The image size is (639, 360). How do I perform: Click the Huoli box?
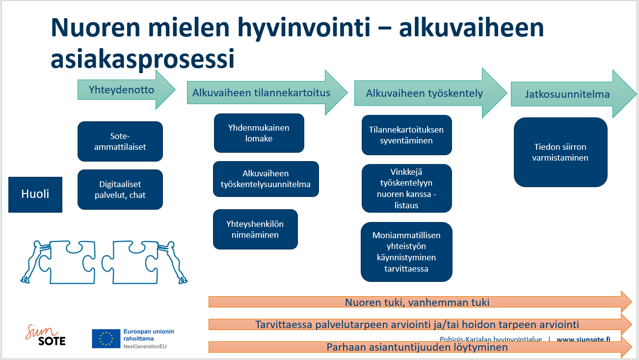[x=35, y=194]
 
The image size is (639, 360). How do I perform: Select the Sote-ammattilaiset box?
[x=120, y=141]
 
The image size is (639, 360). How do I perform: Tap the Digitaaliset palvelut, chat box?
[x=120, y=190]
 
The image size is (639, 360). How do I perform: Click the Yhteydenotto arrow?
[x=126, y=90]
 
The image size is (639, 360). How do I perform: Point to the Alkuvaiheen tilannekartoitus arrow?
[x=267, y=92]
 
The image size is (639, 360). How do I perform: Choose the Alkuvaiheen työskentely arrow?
[x=431, y=93]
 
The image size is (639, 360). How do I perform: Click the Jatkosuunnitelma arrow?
[x=574, y=94]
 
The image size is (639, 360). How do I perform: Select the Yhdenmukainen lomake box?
[x=259, y=133]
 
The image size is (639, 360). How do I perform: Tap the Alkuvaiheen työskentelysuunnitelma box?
[x=266, y=179]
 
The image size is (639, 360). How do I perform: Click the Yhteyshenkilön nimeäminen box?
[x=255, y=229]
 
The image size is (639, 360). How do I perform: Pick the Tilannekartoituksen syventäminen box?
[x=406, y=135]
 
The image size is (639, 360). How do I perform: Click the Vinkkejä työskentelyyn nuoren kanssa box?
[x=406, y=189]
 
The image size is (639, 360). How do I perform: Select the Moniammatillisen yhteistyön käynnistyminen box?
[x=406, y=252]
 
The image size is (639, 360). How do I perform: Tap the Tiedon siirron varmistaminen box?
[x=560, y=152]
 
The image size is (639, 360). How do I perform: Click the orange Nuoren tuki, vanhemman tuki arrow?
[x=420, y=302]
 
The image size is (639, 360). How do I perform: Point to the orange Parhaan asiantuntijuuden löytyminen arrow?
[x=420, y=347]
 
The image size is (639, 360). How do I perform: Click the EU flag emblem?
[x=106, y=338]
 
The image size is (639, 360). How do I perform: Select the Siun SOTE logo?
[x=46, y=335]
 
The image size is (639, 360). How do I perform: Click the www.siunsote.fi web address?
[x=584, y=339]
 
